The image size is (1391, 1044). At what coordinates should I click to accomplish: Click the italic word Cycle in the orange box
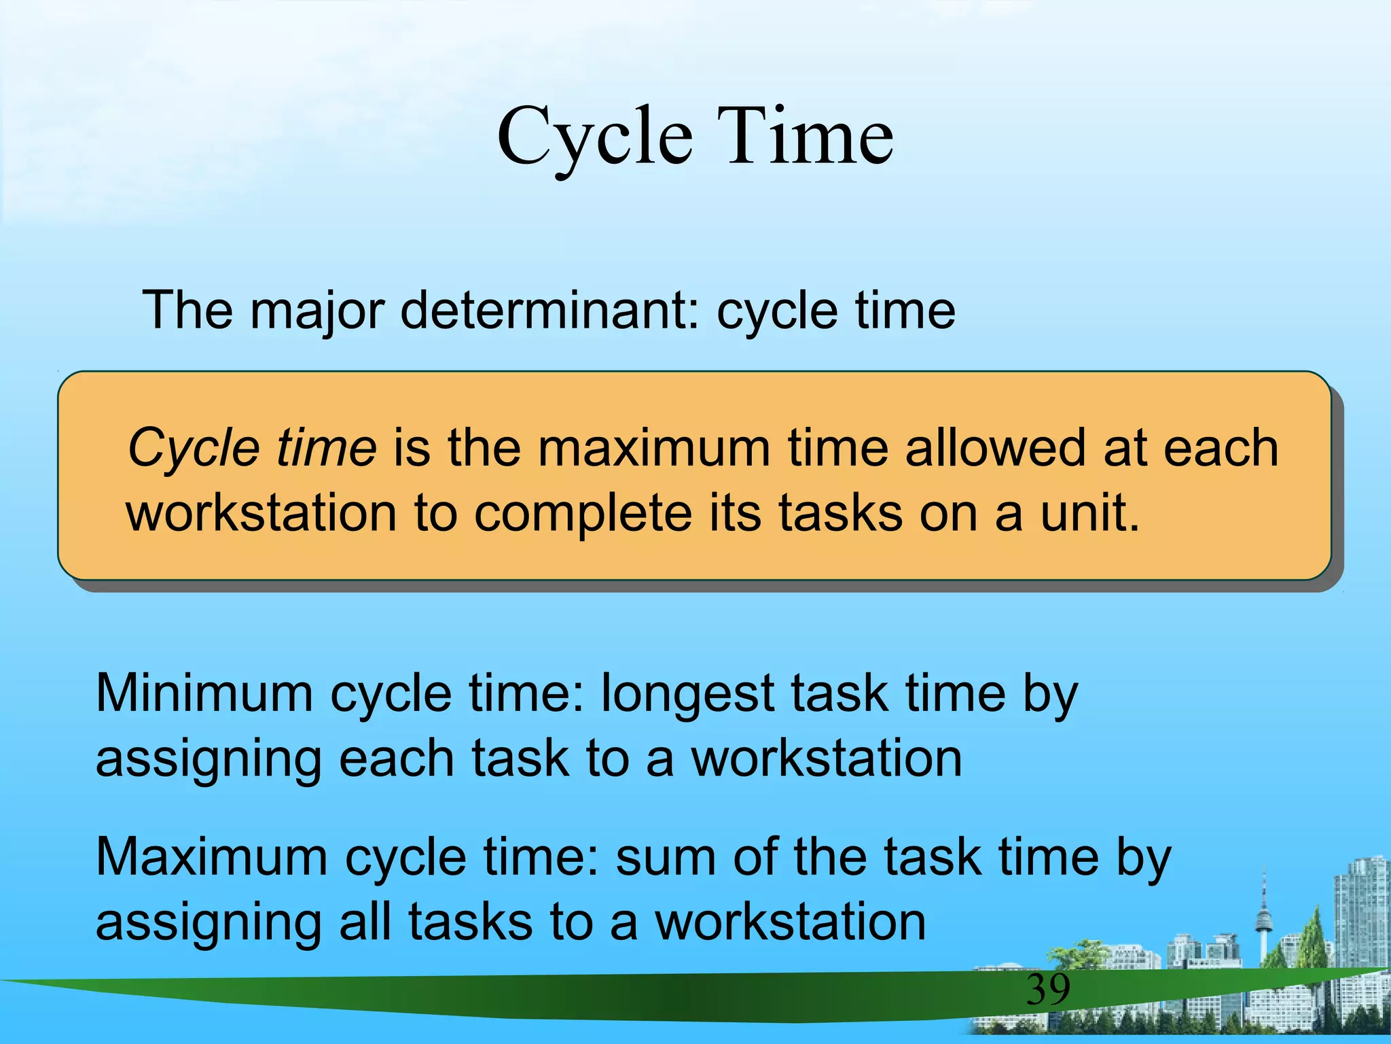[x=194, y=449]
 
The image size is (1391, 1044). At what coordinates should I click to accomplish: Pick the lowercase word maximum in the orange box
[x=655, y=448]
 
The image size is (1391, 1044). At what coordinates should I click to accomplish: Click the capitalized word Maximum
[x=211, y=857]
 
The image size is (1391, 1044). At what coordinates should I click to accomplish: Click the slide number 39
[x=1047, y=990]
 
